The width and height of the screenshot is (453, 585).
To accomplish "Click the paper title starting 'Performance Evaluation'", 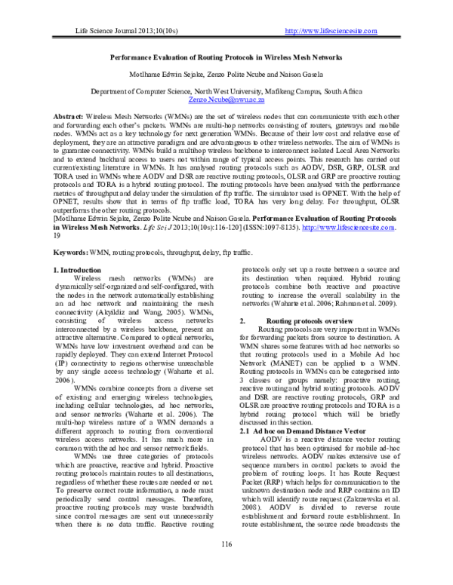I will (226, 57).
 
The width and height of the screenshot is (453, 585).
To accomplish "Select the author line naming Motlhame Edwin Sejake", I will (226, 75).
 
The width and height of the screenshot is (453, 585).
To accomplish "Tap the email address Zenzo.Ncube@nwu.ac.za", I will (226, 99).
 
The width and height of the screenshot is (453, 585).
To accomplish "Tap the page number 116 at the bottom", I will (226, 565).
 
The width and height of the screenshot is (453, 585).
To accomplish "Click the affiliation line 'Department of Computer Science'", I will (226, 90).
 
